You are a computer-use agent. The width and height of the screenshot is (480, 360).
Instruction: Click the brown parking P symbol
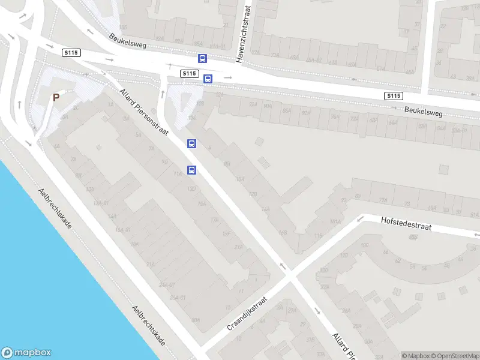click(56, 97)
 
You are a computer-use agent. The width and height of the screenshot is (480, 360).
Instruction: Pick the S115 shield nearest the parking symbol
click(71, 53)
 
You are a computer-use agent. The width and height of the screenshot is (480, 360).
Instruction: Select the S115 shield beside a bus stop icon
click(189, 73)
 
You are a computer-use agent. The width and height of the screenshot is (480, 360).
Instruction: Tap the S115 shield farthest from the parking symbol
click(394, 96)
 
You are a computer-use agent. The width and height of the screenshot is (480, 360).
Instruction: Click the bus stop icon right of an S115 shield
click(208, 79)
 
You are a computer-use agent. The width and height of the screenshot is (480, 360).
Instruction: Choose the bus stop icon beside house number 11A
click(192, 170)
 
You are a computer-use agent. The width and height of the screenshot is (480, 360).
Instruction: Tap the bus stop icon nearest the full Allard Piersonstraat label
click(191, 143)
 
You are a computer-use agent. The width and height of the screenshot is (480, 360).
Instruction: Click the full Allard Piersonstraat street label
click(145, 112)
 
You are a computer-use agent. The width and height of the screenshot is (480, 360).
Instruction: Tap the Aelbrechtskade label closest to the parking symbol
click(55, 208)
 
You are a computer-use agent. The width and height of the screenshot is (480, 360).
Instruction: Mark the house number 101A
click(335, 222)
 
